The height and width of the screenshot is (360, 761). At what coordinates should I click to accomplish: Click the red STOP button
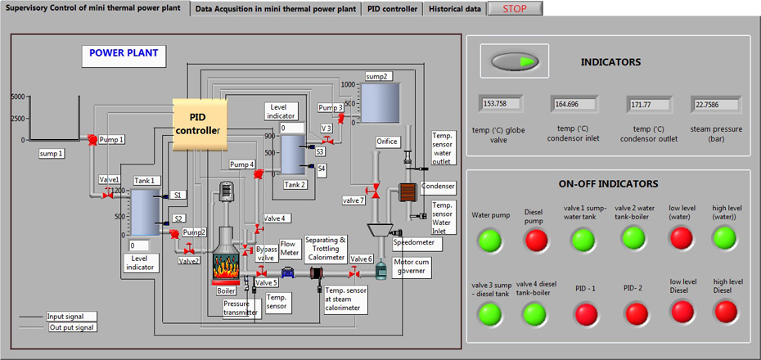click(x=514, y=8)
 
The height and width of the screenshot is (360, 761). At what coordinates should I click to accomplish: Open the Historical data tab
click(x=455, y=8)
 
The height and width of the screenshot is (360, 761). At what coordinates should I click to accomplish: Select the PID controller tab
click(x=393, y=8)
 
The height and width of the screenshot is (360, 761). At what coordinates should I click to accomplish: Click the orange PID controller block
click(x=198, y=124)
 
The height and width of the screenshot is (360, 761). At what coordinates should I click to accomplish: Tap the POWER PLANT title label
click(x=124, y=54)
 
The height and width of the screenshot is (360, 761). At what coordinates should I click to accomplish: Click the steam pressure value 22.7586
click(x=716, y=104)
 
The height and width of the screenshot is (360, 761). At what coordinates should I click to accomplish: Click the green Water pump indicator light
click(x=490, y=241)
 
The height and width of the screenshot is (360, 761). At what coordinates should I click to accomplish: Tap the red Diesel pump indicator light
click(x=537, y=241)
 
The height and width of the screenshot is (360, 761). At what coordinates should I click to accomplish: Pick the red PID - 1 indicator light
click(x=586, y=313)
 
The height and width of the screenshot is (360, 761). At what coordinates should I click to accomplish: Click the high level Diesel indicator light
click(x=725, y=312)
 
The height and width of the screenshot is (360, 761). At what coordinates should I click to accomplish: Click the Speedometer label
click(x=414, y=242)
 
